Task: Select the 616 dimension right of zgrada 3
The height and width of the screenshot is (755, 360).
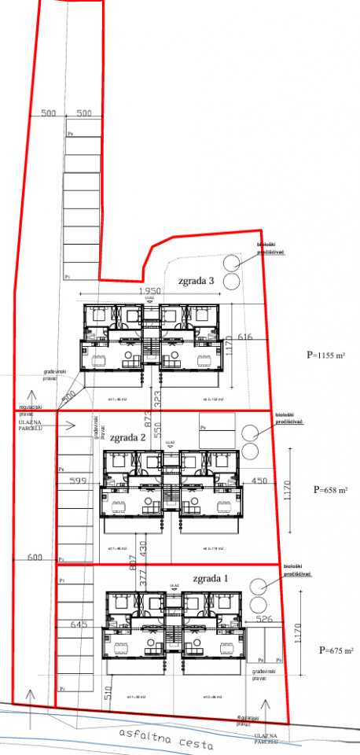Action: click(x=245, y=337)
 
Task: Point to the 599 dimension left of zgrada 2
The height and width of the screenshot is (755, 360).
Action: click(x=77, y=481)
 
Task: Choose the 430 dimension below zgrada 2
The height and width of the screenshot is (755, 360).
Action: click(x=143, y=544)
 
